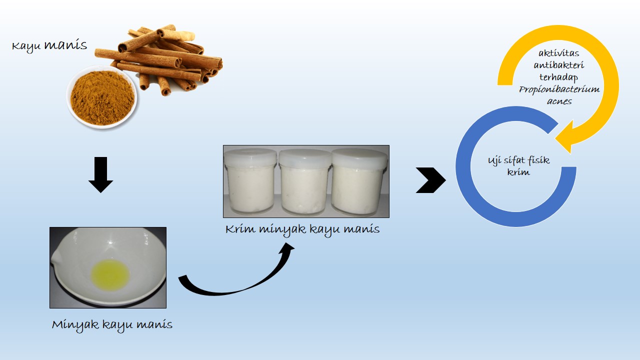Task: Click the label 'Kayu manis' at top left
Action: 49,45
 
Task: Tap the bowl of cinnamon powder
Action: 101,97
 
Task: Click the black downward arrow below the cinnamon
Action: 100,175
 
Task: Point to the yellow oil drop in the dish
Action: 110,275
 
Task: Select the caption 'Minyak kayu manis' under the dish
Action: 112,325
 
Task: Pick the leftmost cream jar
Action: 250,181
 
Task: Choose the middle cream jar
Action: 304,182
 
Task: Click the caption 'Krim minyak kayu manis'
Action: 302,230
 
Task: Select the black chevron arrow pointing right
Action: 431,180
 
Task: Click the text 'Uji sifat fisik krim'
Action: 518,166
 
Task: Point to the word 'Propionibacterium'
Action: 559,89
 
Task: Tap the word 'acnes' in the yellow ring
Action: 559,101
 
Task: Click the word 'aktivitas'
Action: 559,53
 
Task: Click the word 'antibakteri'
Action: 559,65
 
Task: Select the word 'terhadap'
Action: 559,77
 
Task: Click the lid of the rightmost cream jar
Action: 359,157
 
